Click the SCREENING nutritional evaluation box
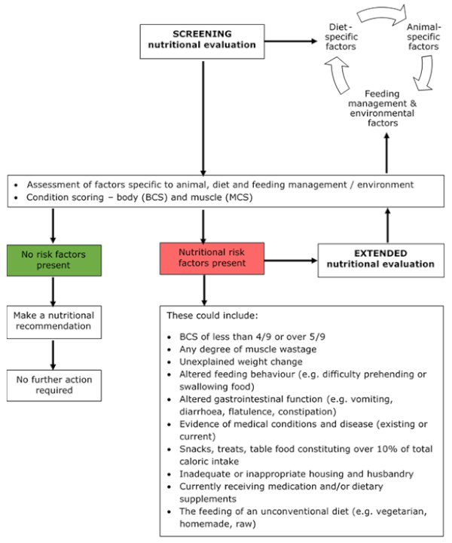coord(203,41)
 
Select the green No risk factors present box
coord(54,261)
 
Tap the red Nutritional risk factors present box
coord(212,258)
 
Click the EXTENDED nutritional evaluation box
coord(381,260)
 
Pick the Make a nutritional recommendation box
coord(54,322)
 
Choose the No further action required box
coord(54,386)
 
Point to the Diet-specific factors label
coord(341,37)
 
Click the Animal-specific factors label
coord(423,37)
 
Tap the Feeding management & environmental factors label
coord(383,108)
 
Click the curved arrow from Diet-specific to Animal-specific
coord(381,14)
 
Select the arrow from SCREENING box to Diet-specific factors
coord(291,41)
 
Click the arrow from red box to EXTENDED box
coord(291,261)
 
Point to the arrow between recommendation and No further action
coord(53,355)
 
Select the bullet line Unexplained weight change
coord(241,362)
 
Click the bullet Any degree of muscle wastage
coord(248,349)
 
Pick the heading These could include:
coord(212,316)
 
